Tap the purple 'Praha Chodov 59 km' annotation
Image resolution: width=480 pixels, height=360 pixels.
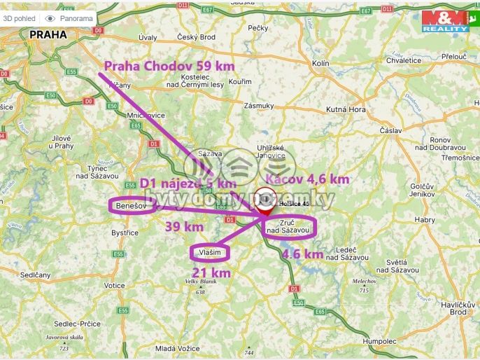pos(169,66)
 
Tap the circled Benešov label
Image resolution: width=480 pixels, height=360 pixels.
pos(131,205)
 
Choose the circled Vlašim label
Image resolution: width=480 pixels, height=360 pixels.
pos(210,252)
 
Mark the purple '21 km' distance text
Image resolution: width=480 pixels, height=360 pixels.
pos(212,272)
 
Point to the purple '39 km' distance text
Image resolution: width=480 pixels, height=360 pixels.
pos(184,226)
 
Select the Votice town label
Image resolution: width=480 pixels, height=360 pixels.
pos(115,286)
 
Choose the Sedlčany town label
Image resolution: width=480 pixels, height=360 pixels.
pos(35,275)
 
